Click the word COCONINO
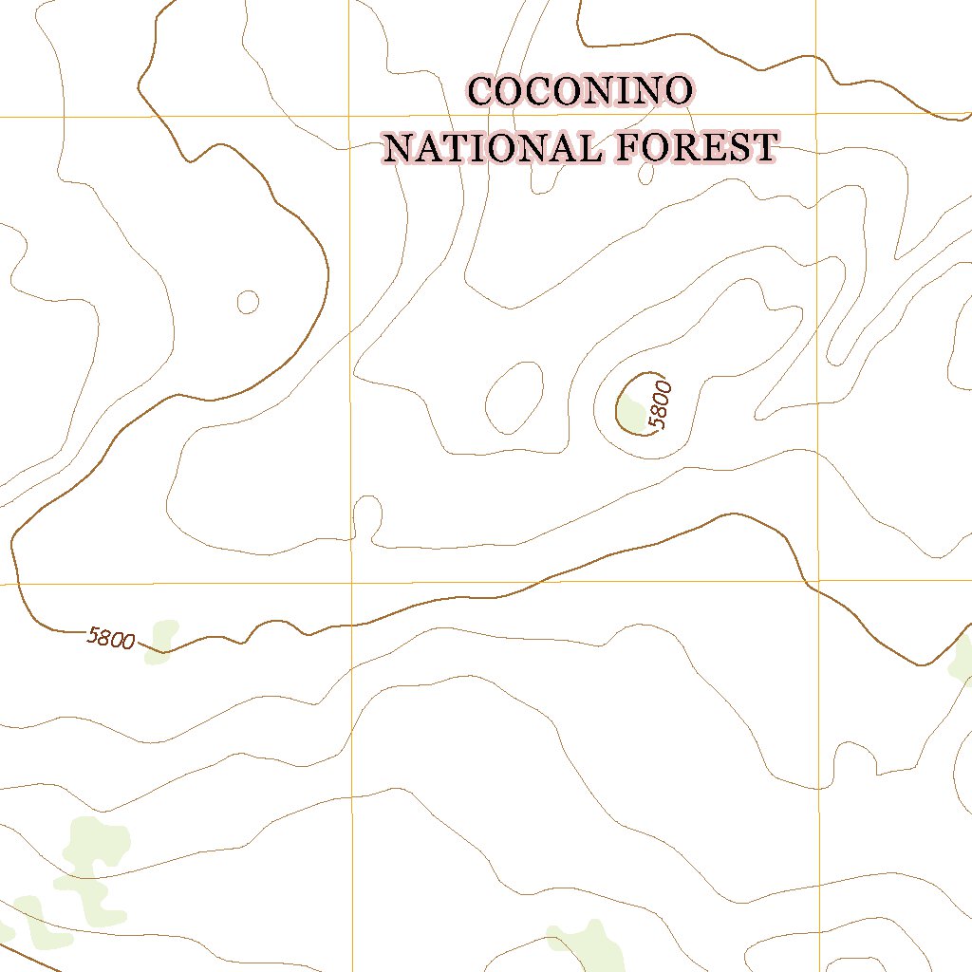click(580, 92)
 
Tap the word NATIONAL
click(494, 148)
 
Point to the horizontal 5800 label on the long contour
click(111, 639)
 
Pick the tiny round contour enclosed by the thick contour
click(248, 302)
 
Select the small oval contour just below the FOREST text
click(646, 174)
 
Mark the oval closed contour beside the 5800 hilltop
click(514, 398)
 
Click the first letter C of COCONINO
click(481, 92)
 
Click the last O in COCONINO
click(677, 92)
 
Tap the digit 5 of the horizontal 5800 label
click(93, 634)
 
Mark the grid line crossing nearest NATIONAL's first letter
click(350, 116)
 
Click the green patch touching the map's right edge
click(961, 657)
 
